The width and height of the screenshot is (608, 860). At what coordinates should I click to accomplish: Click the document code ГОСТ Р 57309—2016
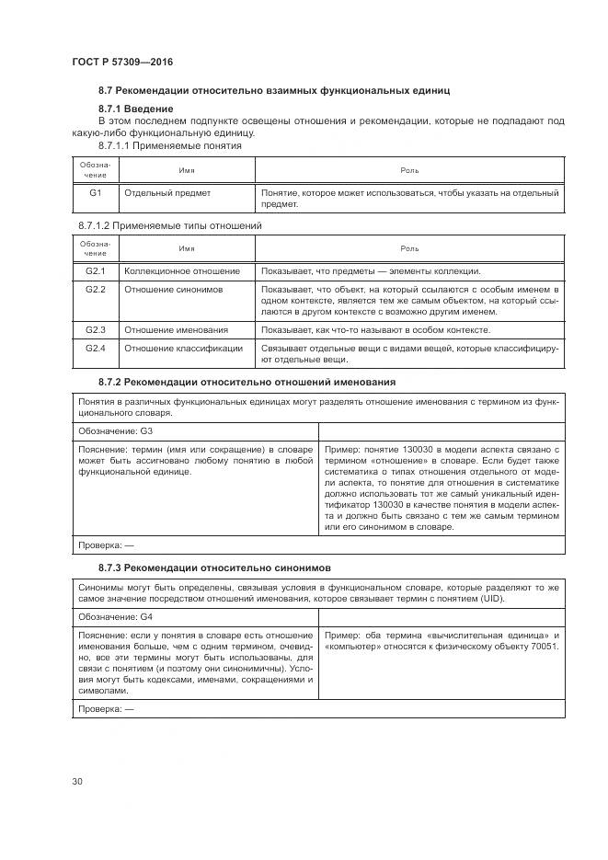click(x=121, y=62)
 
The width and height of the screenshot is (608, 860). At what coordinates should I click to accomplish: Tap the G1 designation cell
click(x=96, y=193)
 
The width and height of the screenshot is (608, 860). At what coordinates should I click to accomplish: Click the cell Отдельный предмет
click(x=167, y=193)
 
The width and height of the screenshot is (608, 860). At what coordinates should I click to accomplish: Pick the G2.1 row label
click(x=96, y=271)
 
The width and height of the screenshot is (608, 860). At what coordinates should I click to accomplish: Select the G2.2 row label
click(x=96, y=289)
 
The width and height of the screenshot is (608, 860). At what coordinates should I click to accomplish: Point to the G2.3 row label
click(x=96, y=329)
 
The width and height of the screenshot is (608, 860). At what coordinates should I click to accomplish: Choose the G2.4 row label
click(x=96, y=348)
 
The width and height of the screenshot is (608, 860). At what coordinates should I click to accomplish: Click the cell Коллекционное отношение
click(x=182, y=271)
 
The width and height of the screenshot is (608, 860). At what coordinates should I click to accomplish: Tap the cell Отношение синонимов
click(x=174, y=289)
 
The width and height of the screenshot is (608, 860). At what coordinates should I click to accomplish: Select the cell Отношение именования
click(x=176, y=329)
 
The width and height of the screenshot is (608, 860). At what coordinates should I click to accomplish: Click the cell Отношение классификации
click(x=184, y=348)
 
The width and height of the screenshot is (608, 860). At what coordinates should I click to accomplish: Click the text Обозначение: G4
click(x=116, y=615)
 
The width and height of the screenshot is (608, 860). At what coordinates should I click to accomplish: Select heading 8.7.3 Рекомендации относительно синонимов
click(x=215, y=567)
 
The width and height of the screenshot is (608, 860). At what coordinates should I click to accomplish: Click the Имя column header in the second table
click(x=187, y=248)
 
